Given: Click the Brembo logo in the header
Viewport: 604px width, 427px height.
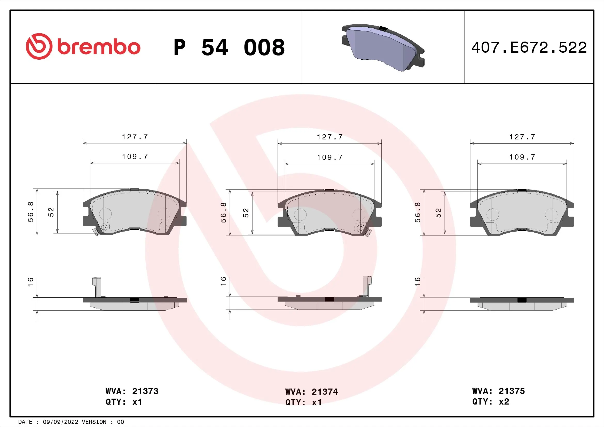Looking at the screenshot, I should tap(83, 46).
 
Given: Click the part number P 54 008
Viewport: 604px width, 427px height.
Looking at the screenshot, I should tap(229, 48).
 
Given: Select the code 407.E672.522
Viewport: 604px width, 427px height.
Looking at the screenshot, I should tap(529, 48).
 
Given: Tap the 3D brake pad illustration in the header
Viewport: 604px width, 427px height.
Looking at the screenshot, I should tap(383, 48).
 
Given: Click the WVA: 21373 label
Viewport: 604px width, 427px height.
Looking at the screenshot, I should tap(132, 391).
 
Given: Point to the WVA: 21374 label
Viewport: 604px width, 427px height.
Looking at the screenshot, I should tap(311, 392).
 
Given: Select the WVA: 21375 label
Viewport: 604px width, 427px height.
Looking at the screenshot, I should tap(498, 391).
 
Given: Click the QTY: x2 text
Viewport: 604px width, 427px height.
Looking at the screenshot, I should tap(490, 401).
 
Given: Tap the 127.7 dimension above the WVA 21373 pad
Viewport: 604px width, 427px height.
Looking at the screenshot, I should tap(135, 137).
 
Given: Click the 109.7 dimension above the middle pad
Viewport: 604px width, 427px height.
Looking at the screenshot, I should tap(330, 157).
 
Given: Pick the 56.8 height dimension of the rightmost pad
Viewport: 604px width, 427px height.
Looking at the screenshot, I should tap(418, 212).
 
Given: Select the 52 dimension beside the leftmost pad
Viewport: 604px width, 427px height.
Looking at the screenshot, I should tap(51, 212).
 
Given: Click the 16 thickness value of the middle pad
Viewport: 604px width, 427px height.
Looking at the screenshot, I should tap(223, 281).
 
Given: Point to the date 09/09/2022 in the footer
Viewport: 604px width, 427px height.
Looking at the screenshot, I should tap(60, 422).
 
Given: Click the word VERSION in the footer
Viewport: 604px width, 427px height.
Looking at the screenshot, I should tap(94, 422).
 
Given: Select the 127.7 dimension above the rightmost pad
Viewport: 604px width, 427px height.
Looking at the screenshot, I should tap(522, 137).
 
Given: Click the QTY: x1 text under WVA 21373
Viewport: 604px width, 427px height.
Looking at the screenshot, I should tap(124, 402).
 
